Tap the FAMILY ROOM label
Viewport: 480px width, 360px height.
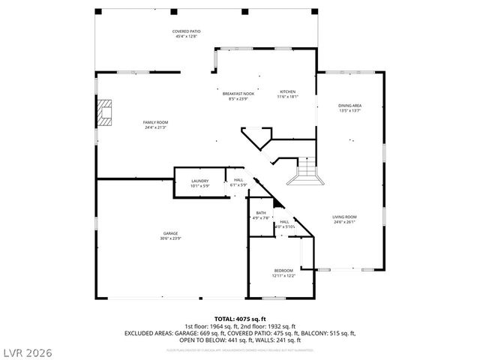pyautogui.click(x=155, y=122)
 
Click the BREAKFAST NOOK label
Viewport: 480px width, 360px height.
pyautogui.click(x=238, y=93)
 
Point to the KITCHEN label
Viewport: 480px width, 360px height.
pyautogui.click(x=288, y=91)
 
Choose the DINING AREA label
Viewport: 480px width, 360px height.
pyautogui.click(x=350, y=106)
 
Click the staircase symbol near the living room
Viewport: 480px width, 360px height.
pyautogui.click(x=304, y=173)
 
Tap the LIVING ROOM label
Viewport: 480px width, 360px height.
pyautogui.click(x=344, y=217)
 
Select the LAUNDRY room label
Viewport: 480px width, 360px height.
pyautogui.click(x=199, y=181)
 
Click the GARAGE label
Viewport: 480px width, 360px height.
pyautogui.click(x=170, y=233)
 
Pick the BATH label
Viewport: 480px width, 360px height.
pyautogui.click(x=260, y=213)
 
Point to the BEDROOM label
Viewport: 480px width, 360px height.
pyautogui.click(x=283, y=271)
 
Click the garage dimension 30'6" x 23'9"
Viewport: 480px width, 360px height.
pyautogui.click(x=170, y=238)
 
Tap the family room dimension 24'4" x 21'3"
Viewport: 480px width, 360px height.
pyautogui.click(x=155, y=127)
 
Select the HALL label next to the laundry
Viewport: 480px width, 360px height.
pyautogui.click(x=238, y=180)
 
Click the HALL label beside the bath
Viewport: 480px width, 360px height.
pyautogui.click(x=285, y=222)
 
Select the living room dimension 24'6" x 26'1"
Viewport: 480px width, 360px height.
pyautogui.click(x=344, y=222)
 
